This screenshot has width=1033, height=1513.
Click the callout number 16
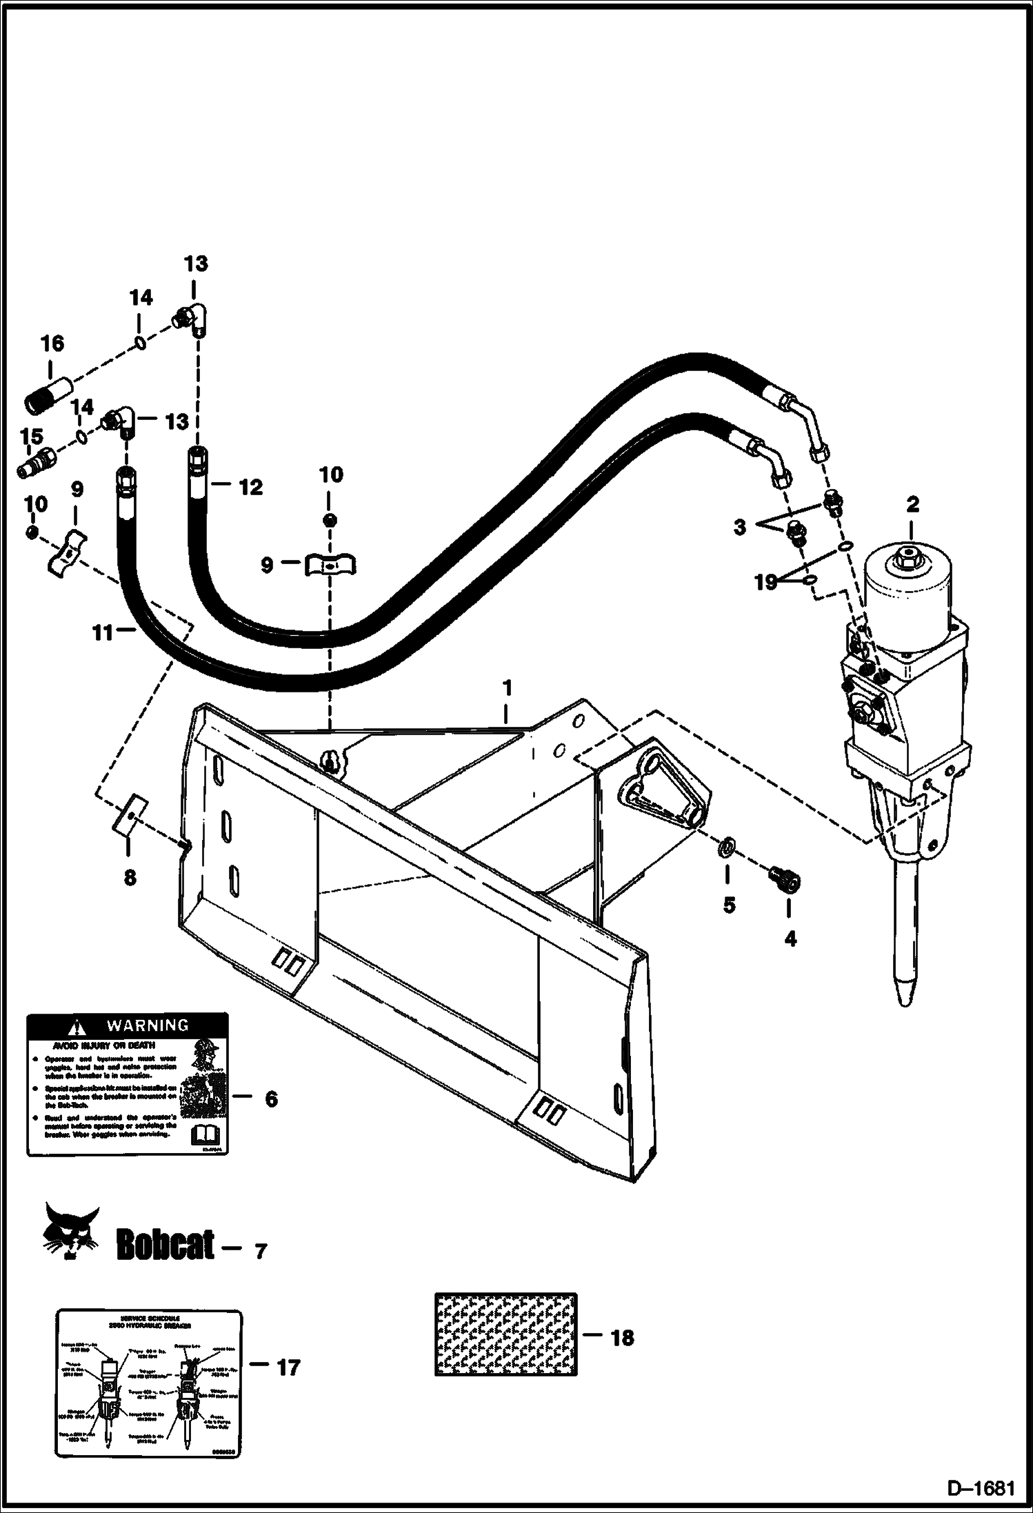[52, 343]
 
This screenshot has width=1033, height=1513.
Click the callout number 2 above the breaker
[912, 504]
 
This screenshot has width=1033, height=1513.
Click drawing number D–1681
[981, 1489]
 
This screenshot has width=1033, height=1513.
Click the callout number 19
[765, 582]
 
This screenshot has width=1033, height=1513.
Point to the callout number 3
[739, 528]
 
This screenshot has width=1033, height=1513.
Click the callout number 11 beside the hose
[102, 632]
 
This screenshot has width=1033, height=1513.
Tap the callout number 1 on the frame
[507, 688]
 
